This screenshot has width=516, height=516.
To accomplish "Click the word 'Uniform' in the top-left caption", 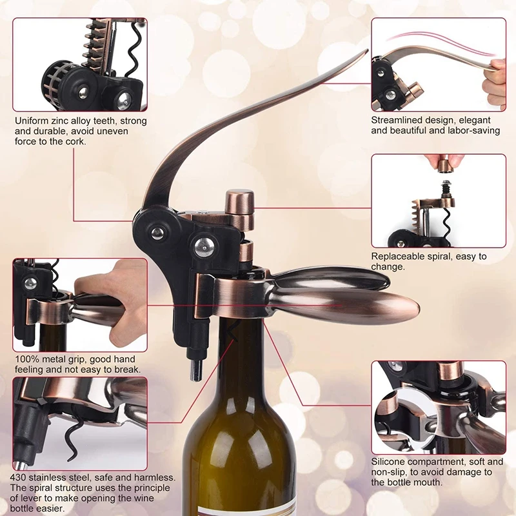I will [x=32, y=121].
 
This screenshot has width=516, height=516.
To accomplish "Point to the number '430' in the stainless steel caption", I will [x=21, y=478].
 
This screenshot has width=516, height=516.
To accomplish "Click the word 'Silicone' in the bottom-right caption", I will [x=390, y=462].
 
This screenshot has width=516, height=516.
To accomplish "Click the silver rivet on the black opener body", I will [x=202, y=245].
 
